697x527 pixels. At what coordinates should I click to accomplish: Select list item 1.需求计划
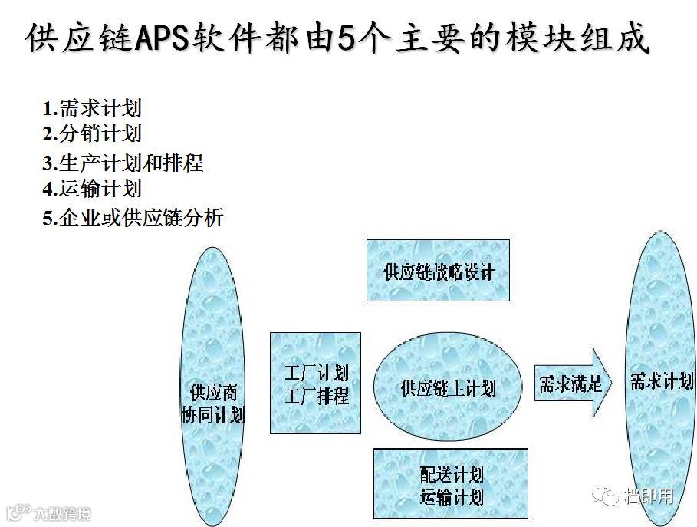(92, 108)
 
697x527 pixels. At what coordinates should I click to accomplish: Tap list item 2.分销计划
(92, 133)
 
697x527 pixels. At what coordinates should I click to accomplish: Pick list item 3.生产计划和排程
(123, 163)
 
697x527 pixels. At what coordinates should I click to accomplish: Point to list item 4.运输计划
(92, 188)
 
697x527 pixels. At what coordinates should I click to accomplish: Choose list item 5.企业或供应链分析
(133, 217)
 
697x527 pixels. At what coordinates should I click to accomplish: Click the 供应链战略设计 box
(439, 270)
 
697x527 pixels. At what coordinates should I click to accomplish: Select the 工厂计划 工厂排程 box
(315, 383)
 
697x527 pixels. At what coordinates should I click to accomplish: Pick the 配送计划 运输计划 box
(452, 485)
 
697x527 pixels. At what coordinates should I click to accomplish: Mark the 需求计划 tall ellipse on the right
(661, 380)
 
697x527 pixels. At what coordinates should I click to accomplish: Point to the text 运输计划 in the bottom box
(452, 496)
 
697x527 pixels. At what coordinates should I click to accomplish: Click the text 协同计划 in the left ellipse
(212, 415)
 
